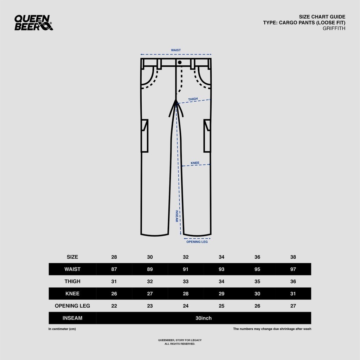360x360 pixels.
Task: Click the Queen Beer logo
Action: click(34, 23)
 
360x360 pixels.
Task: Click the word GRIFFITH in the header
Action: click(334, 28)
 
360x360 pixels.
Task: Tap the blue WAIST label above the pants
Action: click(176, 50)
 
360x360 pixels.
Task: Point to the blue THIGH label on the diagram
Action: click(193, 99)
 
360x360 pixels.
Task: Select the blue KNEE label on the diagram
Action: click(195, 163)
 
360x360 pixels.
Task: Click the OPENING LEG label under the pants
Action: click(197, 242)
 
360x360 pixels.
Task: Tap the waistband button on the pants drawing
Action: click(180, 62)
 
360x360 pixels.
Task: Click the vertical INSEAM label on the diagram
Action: click(177, 216)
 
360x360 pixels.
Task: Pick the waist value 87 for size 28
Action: click(114, 269)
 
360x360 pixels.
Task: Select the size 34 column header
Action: click(221, 257)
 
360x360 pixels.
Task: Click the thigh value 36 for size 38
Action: click(293, 281)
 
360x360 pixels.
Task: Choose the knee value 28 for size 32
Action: click(186, 294)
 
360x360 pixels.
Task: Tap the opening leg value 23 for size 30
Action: click(150, 306)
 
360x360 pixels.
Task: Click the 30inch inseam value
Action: click(204, 318)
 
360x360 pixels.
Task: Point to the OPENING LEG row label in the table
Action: click(72, 306)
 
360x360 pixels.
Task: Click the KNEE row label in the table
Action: click(72, 294)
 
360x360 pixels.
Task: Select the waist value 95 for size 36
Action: click(257, 269)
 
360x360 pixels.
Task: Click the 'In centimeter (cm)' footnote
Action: click(62, 329)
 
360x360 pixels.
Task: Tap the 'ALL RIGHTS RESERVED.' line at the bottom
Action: click(180, 344)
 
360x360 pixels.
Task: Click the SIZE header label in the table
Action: click(72, 257)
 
